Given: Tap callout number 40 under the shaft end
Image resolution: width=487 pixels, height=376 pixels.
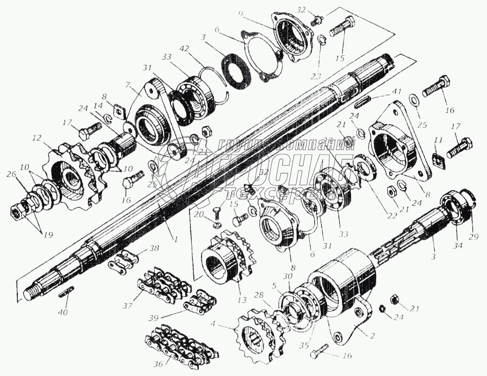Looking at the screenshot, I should (63, 312).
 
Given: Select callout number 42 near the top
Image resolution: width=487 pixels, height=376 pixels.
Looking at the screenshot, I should (185, 49).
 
